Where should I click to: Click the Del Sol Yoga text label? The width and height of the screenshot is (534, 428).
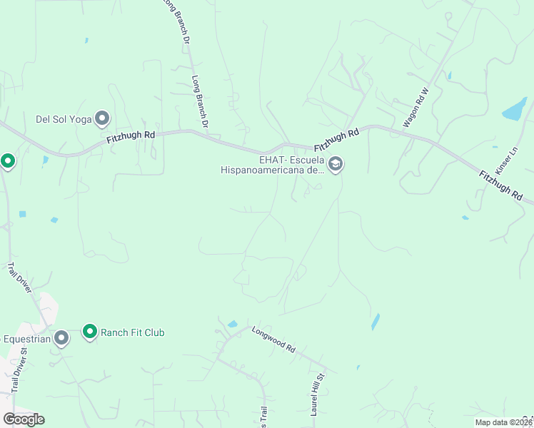tap(64, 119)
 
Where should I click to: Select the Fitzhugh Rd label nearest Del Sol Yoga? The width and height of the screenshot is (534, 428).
tap(131, 136)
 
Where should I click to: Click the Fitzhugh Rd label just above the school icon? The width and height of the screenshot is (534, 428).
tap(335, 141)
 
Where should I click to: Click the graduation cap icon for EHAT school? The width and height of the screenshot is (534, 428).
tap(336, 165)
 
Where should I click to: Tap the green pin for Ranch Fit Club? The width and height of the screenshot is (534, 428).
tap(89, 332)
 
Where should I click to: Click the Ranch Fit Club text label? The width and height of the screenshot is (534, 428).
tap(133, 332)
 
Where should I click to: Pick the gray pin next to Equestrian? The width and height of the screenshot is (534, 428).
tap(61, 338)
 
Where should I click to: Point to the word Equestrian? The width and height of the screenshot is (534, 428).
tap(25, 339)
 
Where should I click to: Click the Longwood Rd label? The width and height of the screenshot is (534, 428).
tap(273, 339)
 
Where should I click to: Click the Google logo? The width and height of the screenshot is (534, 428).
tap(24, 419)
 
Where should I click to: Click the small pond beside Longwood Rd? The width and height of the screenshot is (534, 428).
tap(233, 324)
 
